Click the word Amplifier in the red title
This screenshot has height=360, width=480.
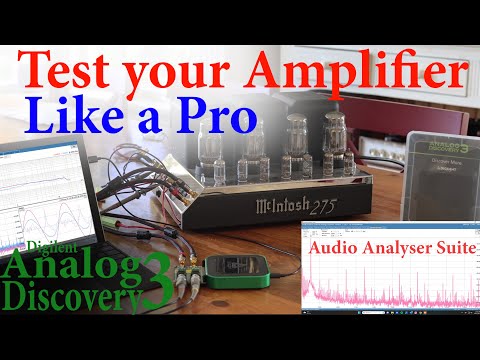358,72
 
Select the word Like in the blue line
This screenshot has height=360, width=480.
75,118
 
